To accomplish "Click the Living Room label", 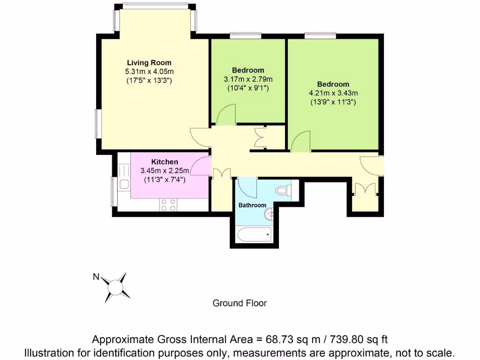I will (x=149, y=62).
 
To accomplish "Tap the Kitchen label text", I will (x=164, y=162).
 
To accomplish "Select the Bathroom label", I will (x=252, y=205).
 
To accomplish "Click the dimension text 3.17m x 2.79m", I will (x=248, y=79).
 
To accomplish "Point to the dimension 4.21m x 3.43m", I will (x=333, y=93).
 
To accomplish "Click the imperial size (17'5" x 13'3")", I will (x=149, y=80).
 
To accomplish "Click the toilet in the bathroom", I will (x=283, y=190).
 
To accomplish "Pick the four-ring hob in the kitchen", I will (x=168, y=204).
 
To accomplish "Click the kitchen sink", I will (x=124, y=184).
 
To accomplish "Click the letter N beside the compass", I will (x=95, y=277).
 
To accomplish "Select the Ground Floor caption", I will (x=240, y=303).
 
